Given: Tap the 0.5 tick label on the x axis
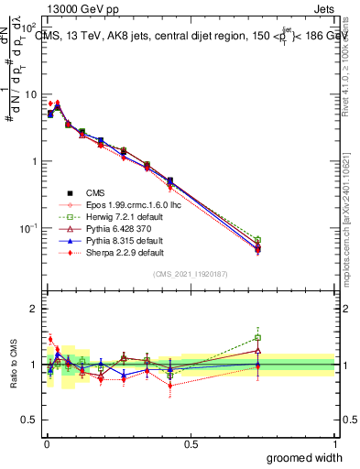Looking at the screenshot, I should [191, 444].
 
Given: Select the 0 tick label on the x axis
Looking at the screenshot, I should [46, 444].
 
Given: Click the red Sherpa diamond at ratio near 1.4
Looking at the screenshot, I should [50, 339].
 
